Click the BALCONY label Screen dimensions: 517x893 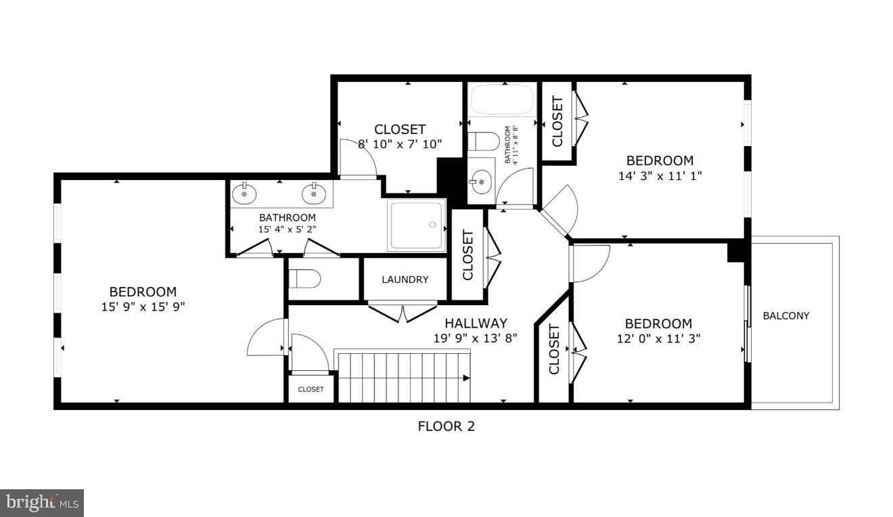point(785,315)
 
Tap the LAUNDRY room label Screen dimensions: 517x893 point(405,279)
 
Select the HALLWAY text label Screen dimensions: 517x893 point(476,323)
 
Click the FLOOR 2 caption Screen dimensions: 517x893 point(446,426)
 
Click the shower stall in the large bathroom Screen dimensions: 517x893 point(417,225)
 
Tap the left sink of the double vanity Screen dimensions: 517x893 point(244,194)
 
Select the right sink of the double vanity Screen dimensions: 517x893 point(313,194)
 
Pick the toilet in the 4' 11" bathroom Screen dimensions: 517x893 point(483,141)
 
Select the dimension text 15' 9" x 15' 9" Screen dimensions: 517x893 point(143,307)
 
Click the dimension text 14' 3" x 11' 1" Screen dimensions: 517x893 point(659,175)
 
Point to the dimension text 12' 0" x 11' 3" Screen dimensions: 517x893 point(658,338)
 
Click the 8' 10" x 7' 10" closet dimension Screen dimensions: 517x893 point(399,143)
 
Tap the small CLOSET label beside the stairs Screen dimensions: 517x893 point(311,389)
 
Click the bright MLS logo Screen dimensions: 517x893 point(41,503)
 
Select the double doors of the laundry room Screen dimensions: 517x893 point(403,313)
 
